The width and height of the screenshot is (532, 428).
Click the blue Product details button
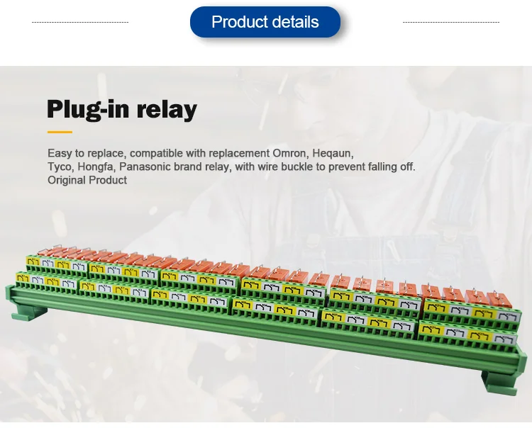click(265, 22)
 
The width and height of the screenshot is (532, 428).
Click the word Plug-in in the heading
click(87, 110)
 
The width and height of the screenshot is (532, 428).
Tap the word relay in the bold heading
click(167, 110)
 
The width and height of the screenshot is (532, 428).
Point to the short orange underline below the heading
click(60, 132)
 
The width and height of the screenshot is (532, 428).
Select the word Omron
click(291, 153)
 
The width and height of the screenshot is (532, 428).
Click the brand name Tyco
click(60, 167)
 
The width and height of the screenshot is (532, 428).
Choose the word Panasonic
click(149, 167)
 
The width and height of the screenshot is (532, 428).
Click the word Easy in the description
click(60, 153)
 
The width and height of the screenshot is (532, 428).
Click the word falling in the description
click(381, 167)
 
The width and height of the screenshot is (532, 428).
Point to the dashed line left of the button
click(80, 22)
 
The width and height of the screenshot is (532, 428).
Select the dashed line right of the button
click(451, 22)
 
